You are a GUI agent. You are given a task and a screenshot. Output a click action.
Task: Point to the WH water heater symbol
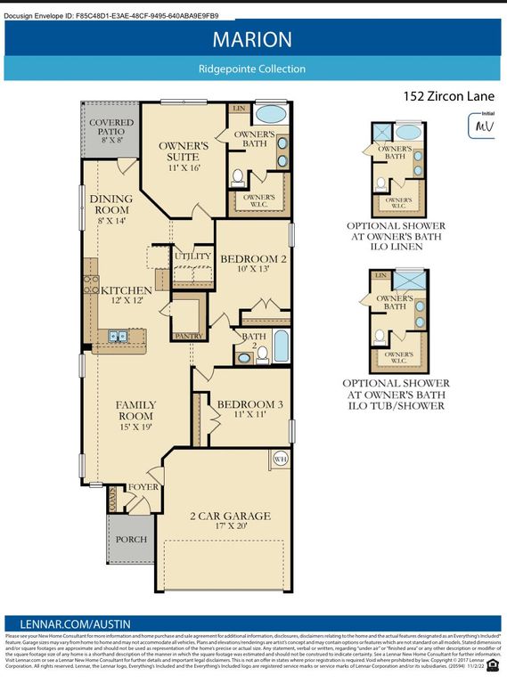[x=278, y=460]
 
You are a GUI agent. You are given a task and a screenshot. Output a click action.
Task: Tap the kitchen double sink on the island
[x=118, y=337]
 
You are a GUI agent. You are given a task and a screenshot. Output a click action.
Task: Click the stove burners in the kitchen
[x=90, y=284]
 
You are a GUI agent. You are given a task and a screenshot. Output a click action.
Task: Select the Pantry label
[x=186, y=335]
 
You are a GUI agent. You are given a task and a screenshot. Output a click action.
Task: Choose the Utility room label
[x=193, y=256]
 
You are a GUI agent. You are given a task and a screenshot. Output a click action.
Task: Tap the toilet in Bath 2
[x=263, y=355]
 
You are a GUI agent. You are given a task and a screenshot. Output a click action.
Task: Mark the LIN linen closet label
[x=239, y=109]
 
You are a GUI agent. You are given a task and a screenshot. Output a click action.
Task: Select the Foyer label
[x=143, y=487]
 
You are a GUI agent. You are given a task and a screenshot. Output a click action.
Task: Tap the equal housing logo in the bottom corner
[x=493, y=663]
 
